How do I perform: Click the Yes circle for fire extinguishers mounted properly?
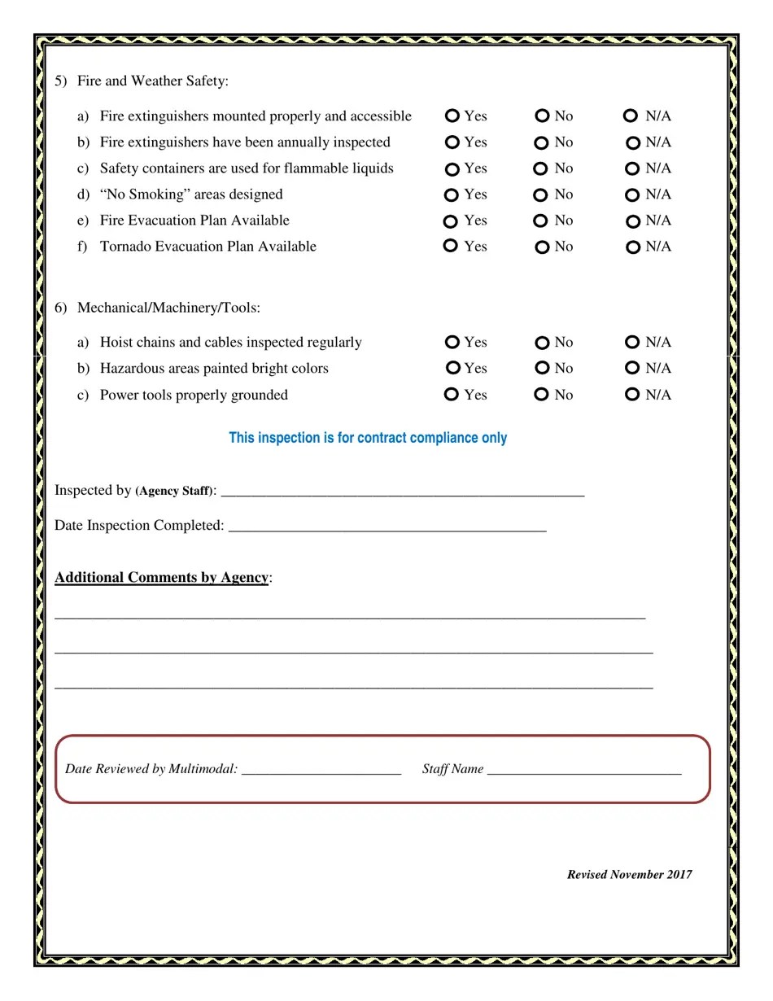click(453, 116)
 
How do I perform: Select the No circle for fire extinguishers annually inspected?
click(542, 143)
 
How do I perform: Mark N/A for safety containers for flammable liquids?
click(633, 169)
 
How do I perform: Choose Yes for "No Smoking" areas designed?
click(452, 195)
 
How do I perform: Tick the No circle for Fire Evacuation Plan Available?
click(540, 221)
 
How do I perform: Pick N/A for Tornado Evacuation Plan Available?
click(633, 247)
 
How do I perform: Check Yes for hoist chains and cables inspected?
click(453, 343)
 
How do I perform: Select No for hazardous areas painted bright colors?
click(542, 368)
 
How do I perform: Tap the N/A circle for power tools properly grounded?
click(632, 395)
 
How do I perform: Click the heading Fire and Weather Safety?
click(153, 81)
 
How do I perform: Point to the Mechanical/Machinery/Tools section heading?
click(168, 308)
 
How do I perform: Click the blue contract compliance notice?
click(368, 438)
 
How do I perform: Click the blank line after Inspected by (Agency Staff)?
click(403, 491)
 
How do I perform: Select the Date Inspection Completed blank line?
click(387, 526)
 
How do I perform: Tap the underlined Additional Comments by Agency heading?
click(161, 578)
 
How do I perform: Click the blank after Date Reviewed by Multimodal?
click(321, 770)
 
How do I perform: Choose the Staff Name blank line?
click(584, 770)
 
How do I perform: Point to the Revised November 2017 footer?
click(629, 875)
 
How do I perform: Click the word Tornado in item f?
click(125, 247)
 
